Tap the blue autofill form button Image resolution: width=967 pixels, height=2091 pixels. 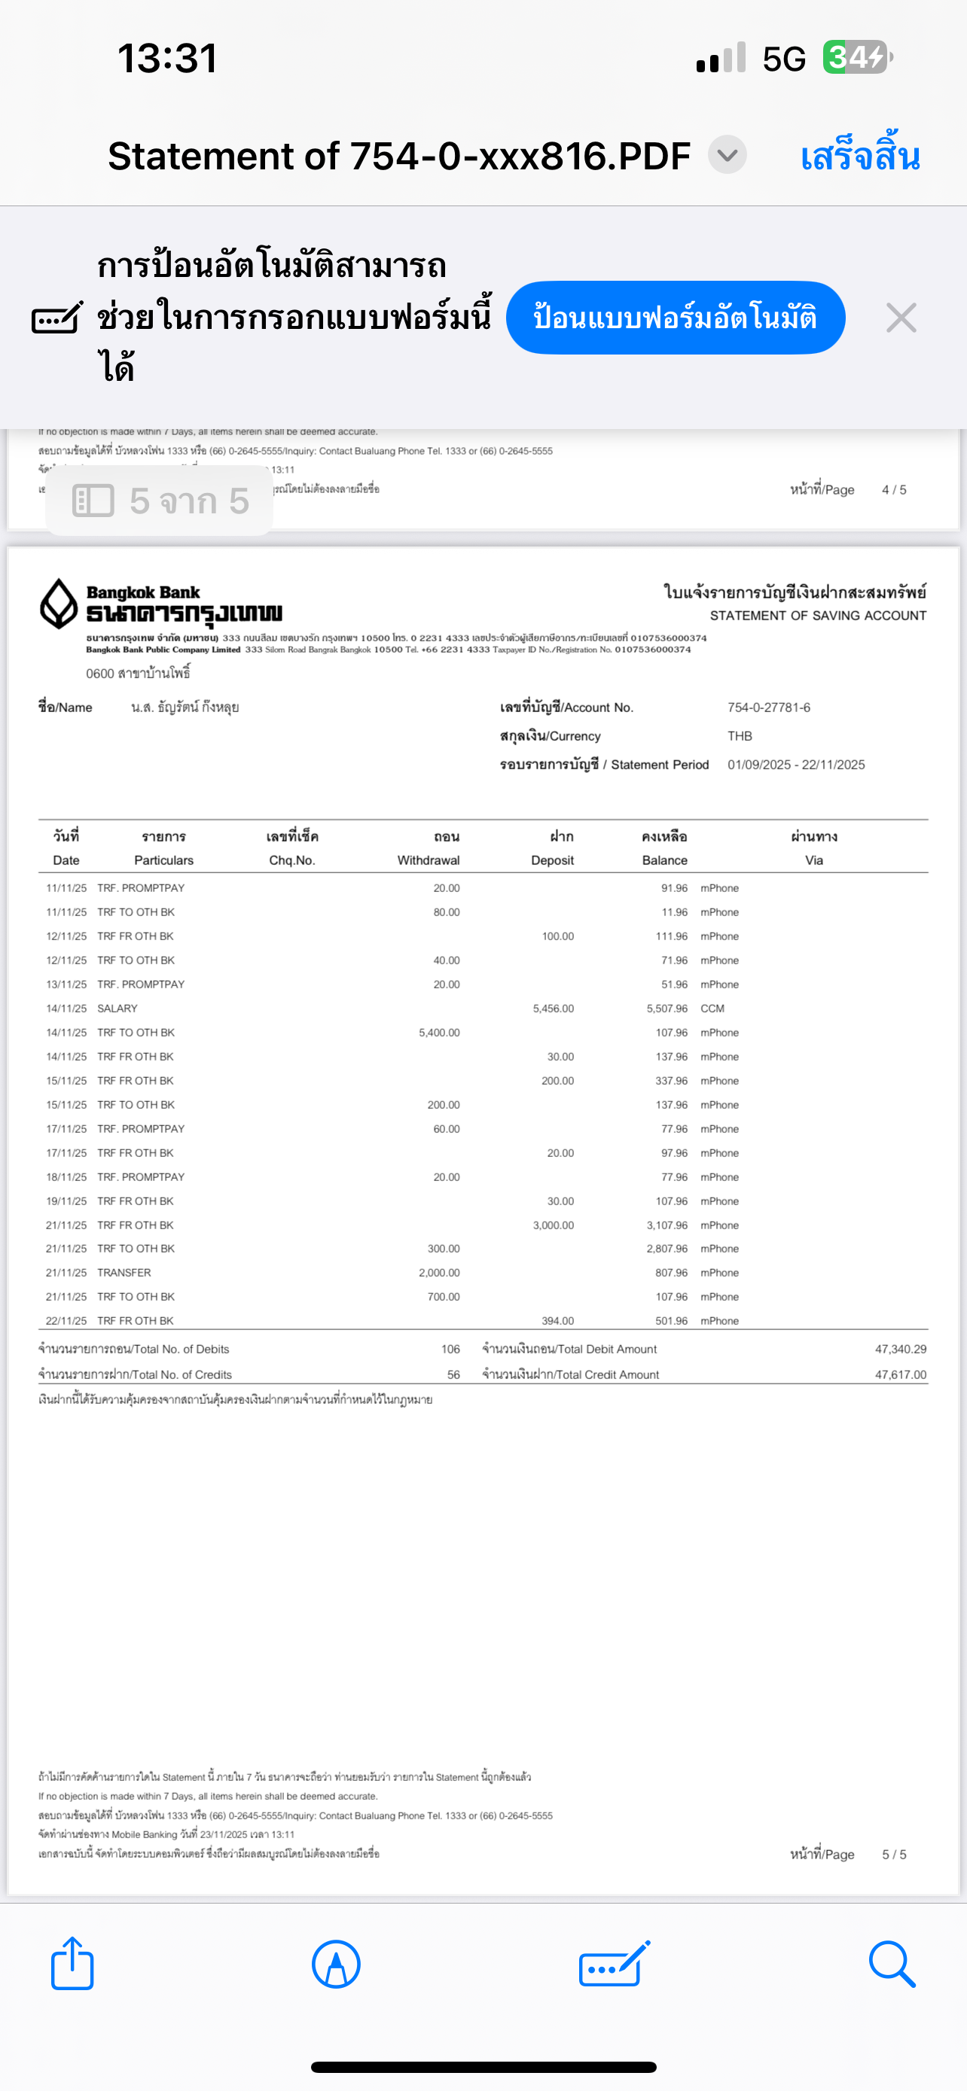coord(675,318)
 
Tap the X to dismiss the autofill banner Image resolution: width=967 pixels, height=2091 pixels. coord(901,318)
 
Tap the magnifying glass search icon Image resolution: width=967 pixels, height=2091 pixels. coord(892,1964)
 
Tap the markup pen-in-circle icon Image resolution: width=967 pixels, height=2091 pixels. coord(335,1964)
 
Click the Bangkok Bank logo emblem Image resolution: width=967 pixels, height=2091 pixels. coord(59,603)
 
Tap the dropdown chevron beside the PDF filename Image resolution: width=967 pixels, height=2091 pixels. coord(727,155)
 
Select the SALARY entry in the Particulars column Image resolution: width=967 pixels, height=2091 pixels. coord(117,1008)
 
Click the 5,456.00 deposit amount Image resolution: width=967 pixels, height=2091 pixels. coord(553,1008)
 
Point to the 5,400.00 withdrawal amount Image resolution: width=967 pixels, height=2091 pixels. coord(438,1033)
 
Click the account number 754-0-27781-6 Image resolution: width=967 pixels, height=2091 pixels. coord(768,707)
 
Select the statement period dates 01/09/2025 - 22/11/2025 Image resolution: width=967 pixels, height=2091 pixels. coord(796,765)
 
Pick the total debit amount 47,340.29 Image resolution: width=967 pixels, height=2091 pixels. coord(900,1349)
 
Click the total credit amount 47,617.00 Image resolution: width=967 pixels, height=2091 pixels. coord(900,1374)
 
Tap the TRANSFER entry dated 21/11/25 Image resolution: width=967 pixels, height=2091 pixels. coord(124,1273)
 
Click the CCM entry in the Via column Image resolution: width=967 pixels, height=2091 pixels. coord(712,1008)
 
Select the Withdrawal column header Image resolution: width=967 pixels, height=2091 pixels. coord(429,860)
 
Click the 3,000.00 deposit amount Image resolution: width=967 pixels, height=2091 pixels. coord(553,1225)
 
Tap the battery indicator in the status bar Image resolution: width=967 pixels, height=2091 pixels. coord(857,58)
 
